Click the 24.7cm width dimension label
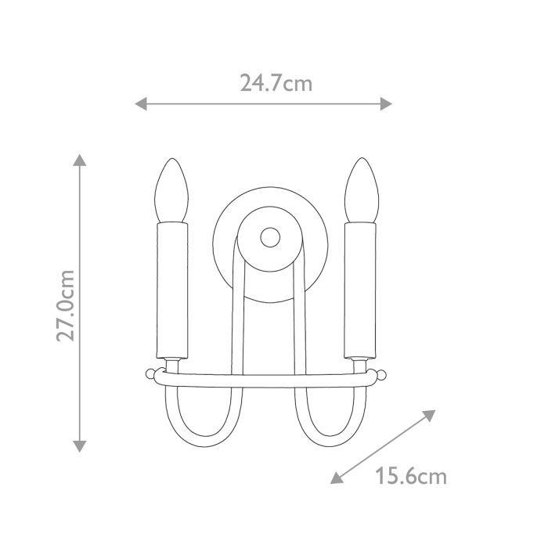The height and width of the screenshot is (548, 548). click(x=276, y=83)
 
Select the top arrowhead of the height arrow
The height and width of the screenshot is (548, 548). click(x=78, y=159)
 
